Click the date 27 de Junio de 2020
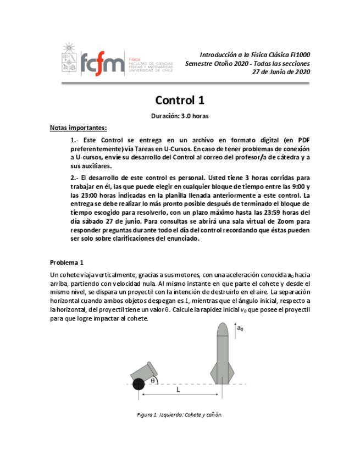(x=281, y=71)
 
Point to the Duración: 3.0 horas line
(x=180, y=116)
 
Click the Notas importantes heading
(x=78, y=128)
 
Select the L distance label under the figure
(x=178, y=390)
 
